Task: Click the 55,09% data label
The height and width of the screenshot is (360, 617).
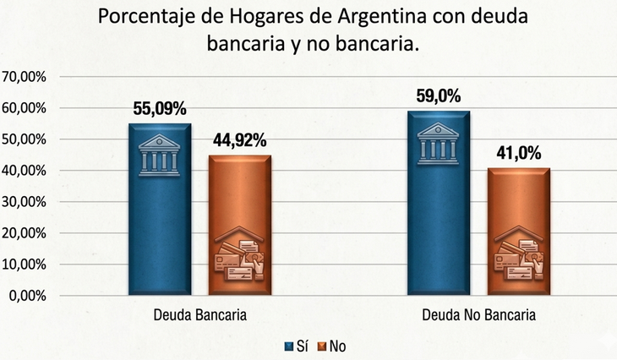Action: (x=160, y=109)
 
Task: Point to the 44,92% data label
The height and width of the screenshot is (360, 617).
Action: (x=239, y=140)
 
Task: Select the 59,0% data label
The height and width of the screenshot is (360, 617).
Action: (x=438, y=96)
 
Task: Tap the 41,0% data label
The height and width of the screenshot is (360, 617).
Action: (x=519, y=154)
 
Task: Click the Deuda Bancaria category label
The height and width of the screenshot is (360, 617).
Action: (x=200, y=316)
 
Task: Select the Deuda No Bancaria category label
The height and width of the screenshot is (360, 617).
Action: (x=478, y=316)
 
